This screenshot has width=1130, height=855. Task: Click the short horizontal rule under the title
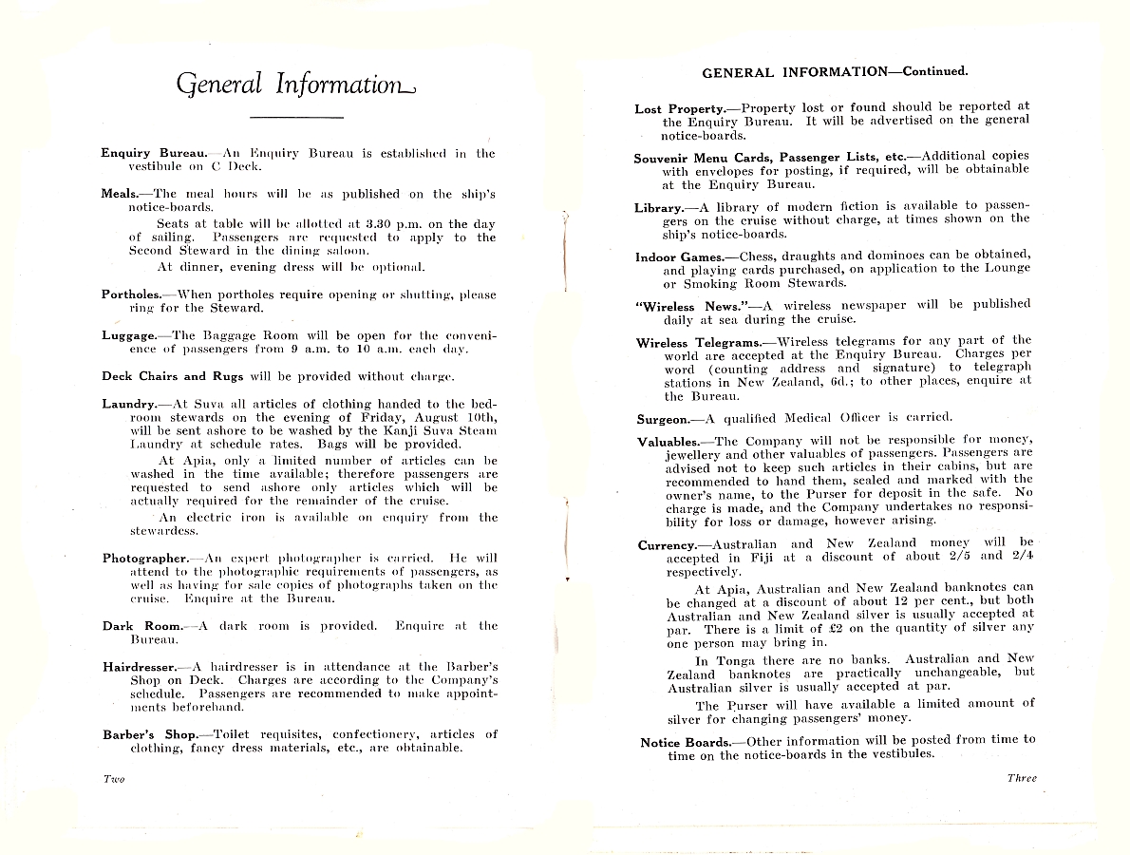click(x=295, y=117)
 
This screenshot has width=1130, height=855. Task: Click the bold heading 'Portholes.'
click(x=131, y=294)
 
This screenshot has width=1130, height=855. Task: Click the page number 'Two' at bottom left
click(x=113, y=779)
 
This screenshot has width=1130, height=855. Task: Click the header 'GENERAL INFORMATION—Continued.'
click(x=835, y=72)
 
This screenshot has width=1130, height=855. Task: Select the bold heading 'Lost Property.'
click(x=679, y=109)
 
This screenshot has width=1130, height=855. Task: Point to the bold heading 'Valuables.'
click(x=668, y=442)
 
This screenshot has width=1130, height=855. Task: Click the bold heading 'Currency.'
click(x=667, y=545)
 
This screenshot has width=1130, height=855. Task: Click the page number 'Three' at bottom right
click(x=1022, y=778)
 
